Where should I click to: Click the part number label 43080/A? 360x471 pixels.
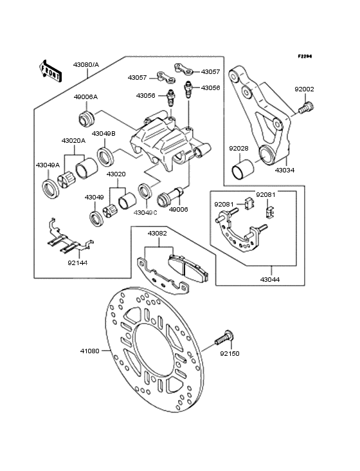point(86,65)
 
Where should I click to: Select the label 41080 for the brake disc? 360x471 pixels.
point(90,351)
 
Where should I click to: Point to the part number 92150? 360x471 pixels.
point(230,353)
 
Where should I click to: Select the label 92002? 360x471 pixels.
point(305,90)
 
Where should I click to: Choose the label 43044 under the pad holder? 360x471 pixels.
point(270,280)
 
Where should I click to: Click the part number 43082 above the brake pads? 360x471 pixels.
point(157,234)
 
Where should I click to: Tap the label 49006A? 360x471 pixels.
point(85,97)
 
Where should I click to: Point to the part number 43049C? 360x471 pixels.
point(145,212)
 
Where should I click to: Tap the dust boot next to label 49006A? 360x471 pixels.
point(86,118)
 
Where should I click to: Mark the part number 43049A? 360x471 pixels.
point(48,165)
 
